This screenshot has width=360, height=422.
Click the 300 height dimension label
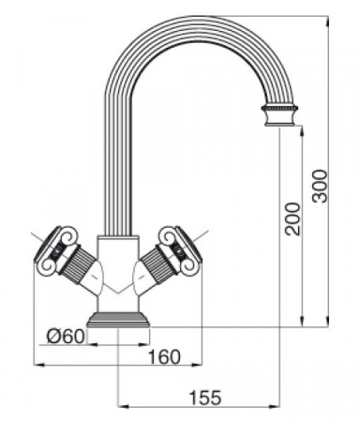tap(321, 186)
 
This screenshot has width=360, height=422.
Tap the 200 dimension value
tap(292, 219)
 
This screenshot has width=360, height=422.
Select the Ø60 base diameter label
tap(66, 337)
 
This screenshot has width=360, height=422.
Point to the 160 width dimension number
tap(164, 356)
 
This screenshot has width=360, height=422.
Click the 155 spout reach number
tap(205, 398)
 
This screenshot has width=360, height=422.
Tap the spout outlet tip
tap(279, 125)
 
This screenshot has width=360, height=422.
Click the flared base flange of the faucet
tap(119, 320)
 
